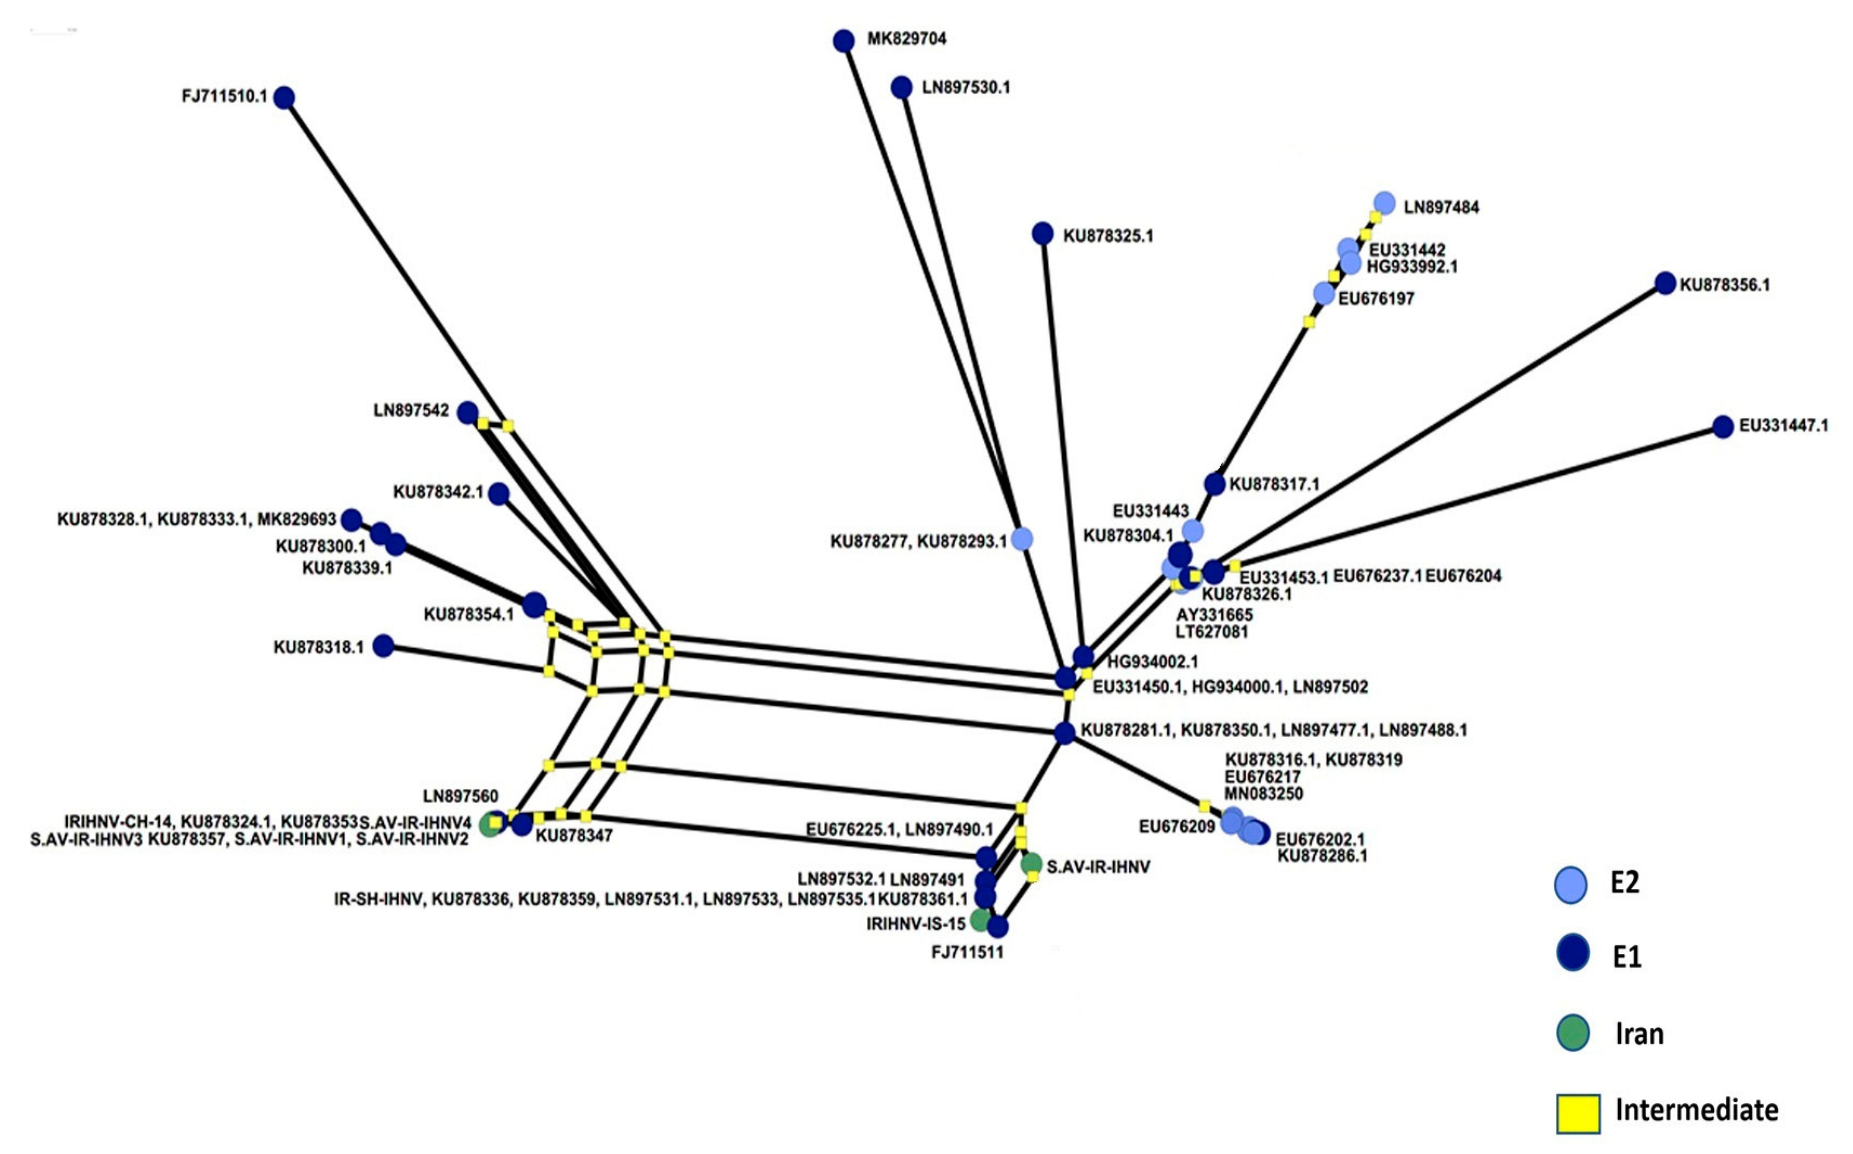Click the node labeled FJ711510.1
click(284, 98)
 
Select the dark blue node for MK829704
click(843, 40)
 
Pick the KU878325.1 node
click(1043, 234)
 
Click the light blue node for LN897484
click(1384, 203)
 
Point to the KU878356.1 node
click(1665, 283)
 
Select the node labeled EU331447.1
click(1722, 427)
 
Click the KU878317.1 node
click(1214, 484)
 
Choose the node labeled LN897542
click(468, 413)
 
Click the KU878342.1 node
click(498, 494)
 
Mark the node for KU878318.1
click(383, 646)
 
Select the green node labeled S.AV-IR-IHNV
click(1031, 864)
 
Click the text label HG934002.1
click(1153, 662)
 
